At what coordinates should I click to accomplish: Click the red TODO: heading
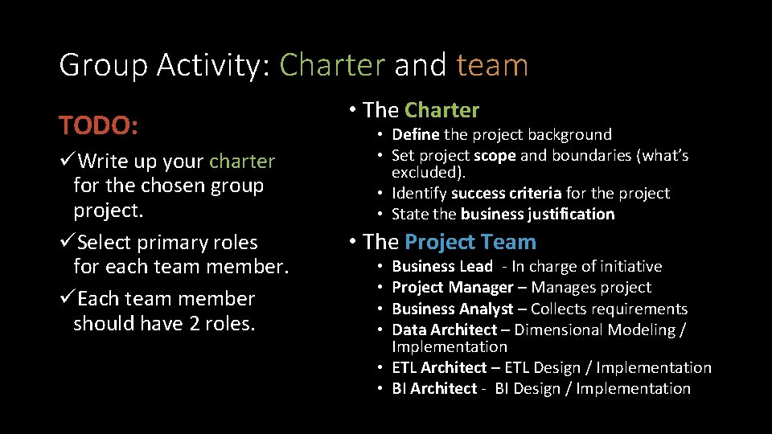tap(98, 125)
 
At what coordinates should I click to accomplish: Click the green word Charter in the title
tap(332, 65)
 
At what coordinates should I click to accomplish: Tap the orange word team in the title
tap(492, 65)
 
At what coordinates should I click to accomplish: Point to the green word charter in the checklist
tap(242, 162)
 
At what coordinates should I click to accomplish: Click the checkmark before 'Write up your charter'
tap(68, 162)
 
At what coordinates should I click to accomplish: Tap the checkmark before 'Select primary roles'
tap(68, 243)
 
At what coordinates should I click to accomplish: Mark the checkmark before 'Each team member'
tap(68, 299)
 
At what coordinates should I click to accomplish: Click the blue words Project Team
tap(470, 242)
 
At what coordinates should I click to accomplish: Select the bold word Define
tap(415, 134)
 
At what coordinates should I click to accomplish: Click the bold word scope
tap(495, 155)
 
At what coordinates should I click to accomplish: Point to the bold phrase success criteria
tap(506, 193)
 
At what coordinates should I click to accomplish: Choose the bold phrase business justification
tap(538, 214)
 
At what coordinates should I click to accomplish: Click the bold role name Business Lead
tap(442, 266)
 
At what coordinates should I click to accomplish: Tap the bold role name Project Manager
tap(453, 287)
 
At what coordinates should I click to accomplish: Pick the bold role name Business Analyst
tap(453, 309)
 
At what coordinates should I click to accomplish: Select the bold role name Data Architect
tap(445, 330)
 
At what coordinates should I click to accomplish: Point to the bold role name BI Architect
tap(435, 388)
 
